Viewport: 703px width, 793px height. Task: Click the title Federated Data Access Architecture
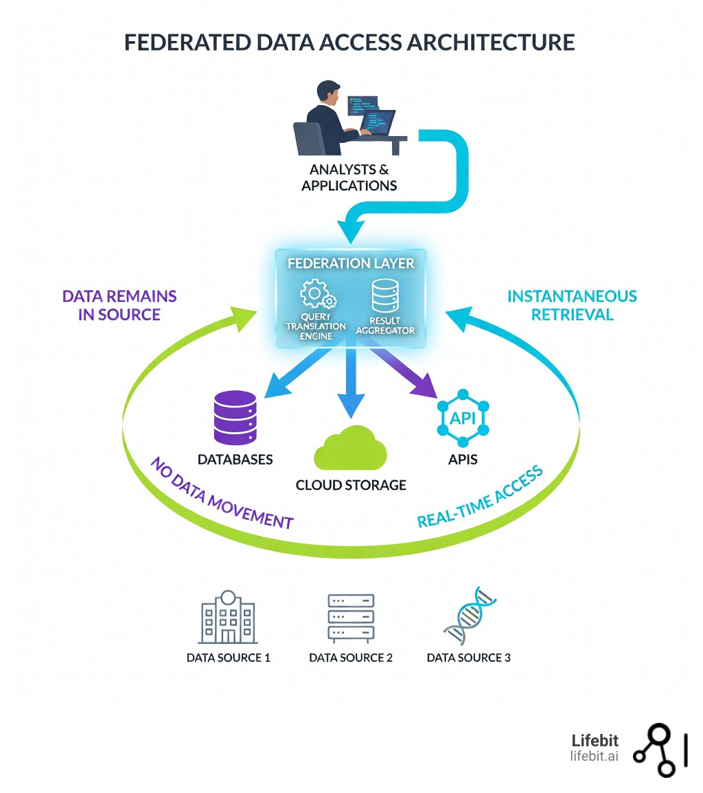349,42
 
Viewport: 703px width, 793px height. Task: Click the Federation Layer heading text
350,263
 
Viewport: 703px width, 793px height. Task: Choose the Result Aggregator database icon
385,297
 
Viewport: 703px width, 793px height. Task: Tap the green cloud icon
350,448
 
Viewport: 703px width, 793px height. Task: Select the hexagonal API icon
462,417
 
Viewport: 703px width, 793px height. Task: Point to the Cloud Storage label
351,485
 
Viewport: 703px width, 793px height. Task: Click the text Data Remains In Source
119,305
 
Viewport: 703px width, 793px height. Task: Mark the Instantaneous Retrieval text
572,305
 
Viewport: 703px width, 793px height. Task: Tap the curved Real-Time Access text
480,497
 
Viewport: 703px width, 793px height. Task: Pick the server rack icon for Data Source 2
351,617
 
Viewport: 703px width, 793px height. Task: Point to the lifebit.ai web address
594,757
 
